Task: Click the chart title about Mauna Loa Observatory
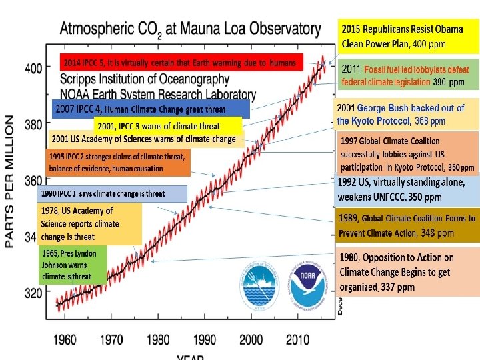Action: (x=190, y=29)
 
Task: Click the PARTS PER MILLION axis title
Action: (x=10, y=181)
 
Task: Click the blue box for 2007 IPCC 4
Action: (x=150, y=109)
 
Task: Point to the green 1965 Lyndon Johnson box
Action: (x=73, y=265)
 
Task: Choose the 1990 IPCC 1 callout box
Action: (x=112, y=194)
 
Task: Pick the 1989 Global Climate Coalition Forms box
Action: (x=407, y=226)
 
